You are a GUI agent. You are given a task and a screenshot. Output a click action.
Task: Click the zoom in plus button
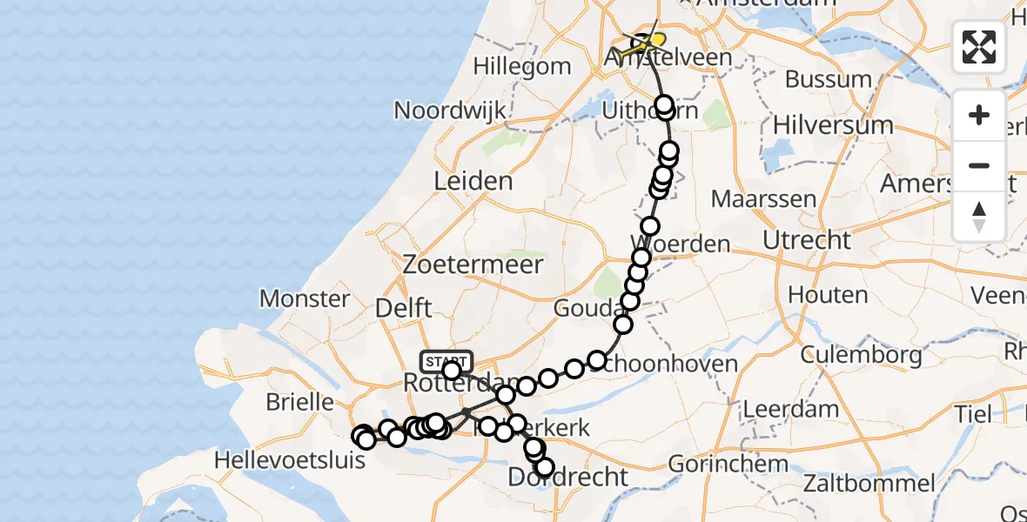(x=979, y=115)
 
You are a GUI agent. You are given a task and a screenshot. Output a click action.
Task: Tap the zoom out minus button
(x=979, y=165)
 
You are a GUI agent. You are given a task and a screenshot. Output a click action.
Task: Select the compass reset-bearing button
(x=979, y=216)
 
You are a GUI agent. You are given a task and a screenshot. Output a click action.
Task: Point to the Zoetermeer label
(x=473, y=264)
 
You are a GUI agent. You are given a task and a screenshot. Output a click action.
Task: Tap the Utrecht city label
(x=806, y=239)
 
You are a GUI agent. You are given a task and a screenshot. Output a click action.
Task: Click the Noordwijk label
(x=451, y=110)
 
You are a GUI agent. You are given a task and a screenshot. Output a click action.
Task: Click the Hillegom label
(x=522, y=66)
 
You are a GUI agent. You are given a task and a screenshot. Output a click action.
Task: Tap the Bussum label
(x=828, y=79)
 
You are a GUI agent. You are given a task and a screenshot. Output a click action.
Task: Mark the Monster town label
(x=305, y=299)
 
